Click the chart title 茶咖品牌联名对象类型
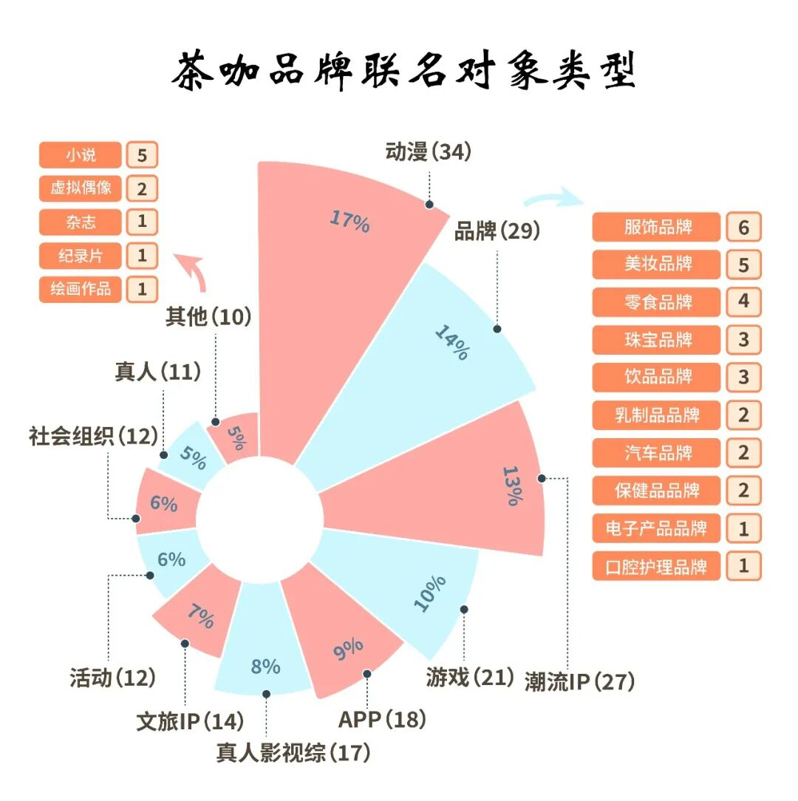(403, 72)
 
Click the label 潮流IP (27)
(579, 681)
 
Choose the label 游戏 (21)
(469, 676)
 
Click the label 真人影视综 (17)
(293, 753)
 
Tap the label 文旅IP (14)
(190, 720)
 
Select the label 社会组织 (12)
(93, 436)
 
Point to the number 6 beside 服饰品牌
(743, 227)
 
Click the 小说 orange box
(80, 155)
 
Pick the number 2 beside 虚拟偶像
(142, 188)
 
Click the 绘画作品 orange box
(80, 288)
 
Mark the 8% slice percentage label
(265, 667)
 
